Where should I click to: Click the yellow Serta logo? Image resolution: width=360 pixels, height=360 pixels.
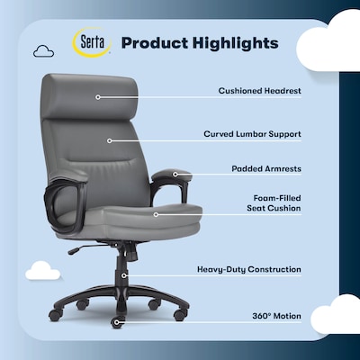point(90,42)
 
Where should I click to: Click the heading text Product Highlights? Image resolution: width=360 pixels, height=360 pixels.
point(200,43)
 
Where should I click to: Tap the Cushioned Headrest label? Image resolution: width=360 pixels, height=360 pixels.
point(259,90)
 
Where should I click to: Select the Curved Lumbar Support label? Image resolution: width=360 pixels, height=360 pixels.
point(252,133)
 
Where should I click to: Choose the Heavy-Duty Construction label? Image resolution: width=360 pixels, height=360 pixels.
point(249,269)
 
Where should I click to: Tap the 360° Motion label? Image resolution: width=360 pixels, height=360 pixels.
point(278,316)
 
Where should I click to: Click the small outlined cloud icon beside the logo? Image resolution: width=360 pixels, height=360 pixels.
point(43,52)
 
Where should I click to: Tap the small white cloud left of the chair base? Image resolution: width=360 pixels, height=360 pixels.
point(43,269)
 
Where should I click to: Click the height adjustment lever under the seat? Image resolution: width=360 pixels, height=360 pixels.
point(84,247)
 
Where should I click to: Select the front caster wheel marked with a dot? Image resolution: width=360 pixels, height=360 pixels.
point(116,321)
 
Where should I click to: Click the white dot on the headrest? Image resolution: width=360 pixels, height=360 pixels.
point(97,96)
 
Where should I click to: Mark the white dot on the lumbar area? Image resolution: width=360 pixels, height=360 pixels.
point(108,139)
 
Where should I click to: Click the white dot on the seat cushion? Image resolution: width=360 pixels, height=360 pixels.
point(155,214)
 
